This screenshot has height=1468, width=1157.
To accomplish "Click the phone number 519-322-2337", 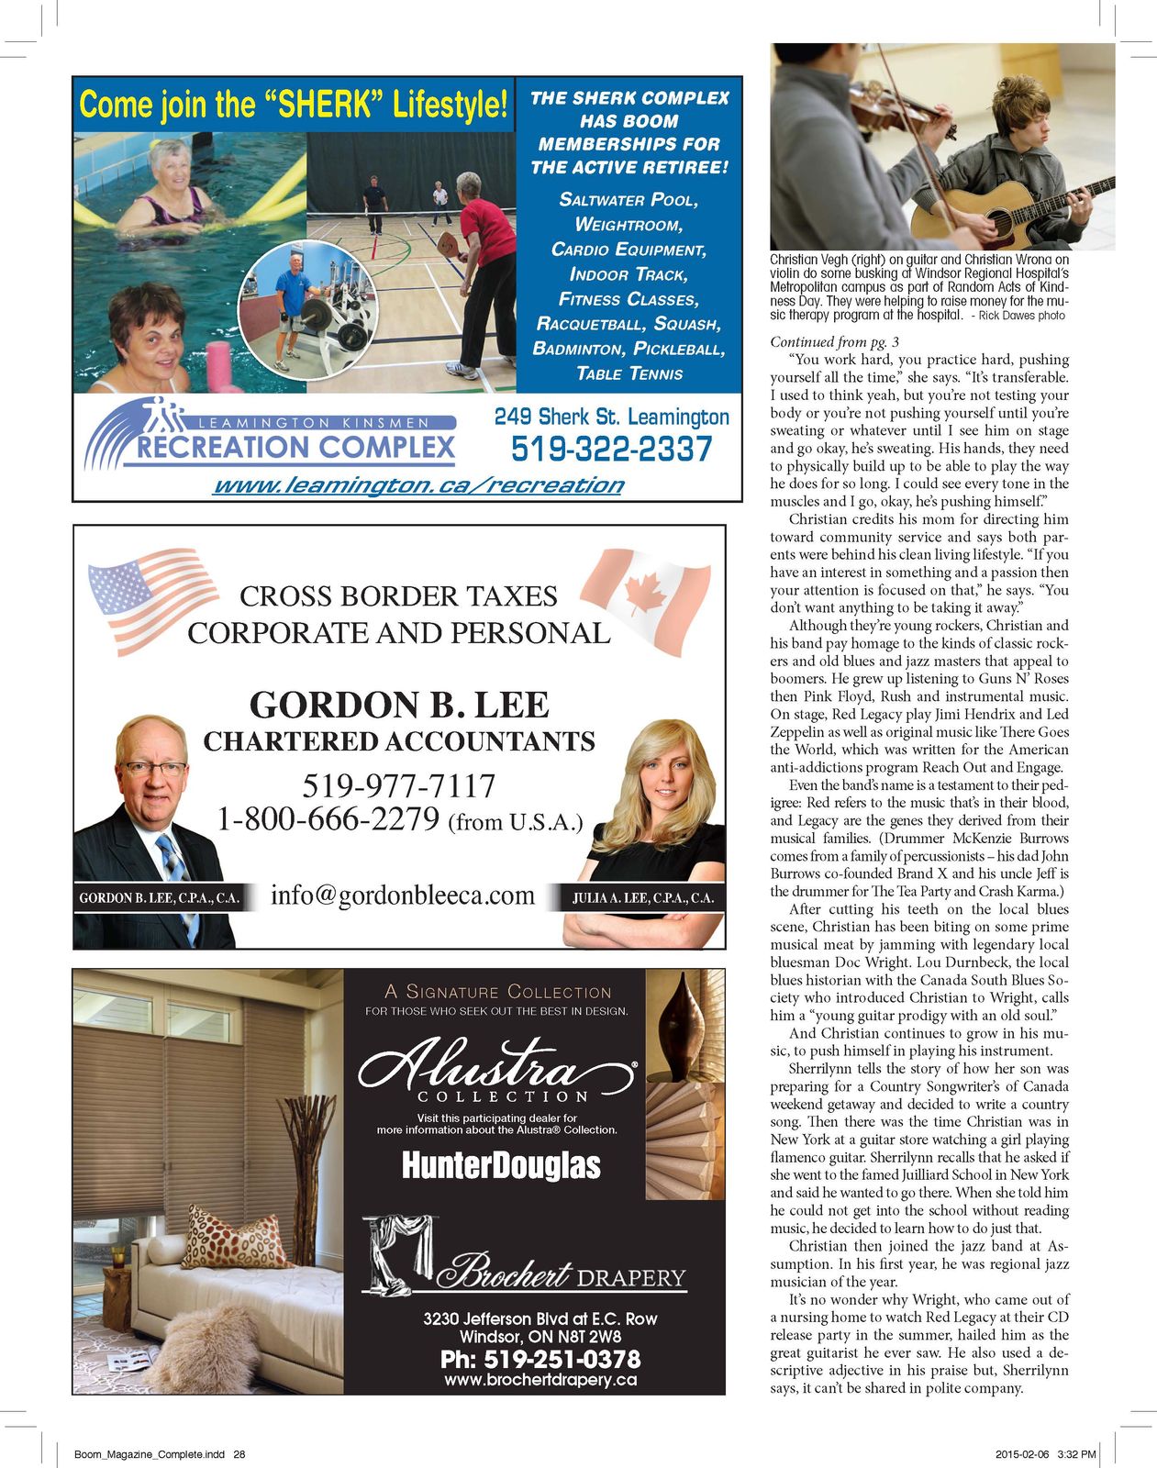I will click(x=611, y=450).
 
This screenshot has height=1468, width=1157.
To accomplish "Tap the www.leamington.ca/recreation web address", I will click(x=417, y=485).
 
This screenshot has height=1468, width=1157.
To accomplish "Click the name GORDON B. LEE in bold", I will click(x=399, y=705).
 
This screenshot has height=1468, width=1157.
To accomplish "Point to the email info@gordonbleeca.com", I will click(x=402, y=895).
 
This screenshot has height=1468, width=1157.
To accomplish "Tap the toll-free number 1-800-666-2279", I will click(x=328, y=819).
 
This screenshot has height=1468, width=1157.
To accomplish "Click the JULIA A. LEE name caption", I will click(x=642, y=898).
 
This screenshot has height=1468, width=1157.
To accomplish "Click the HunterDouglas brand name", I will click(x=501, y=1166).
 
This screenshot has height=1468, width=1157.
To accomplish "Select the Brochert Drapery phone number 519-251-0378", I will click(x=540, y=1359).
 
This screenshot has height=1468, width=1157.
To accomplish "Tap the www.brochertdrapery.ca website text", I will click(x=540, y=1379).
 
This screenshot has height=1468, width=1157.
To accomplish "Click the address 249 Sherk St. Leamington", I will click(x=611, y=417).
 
